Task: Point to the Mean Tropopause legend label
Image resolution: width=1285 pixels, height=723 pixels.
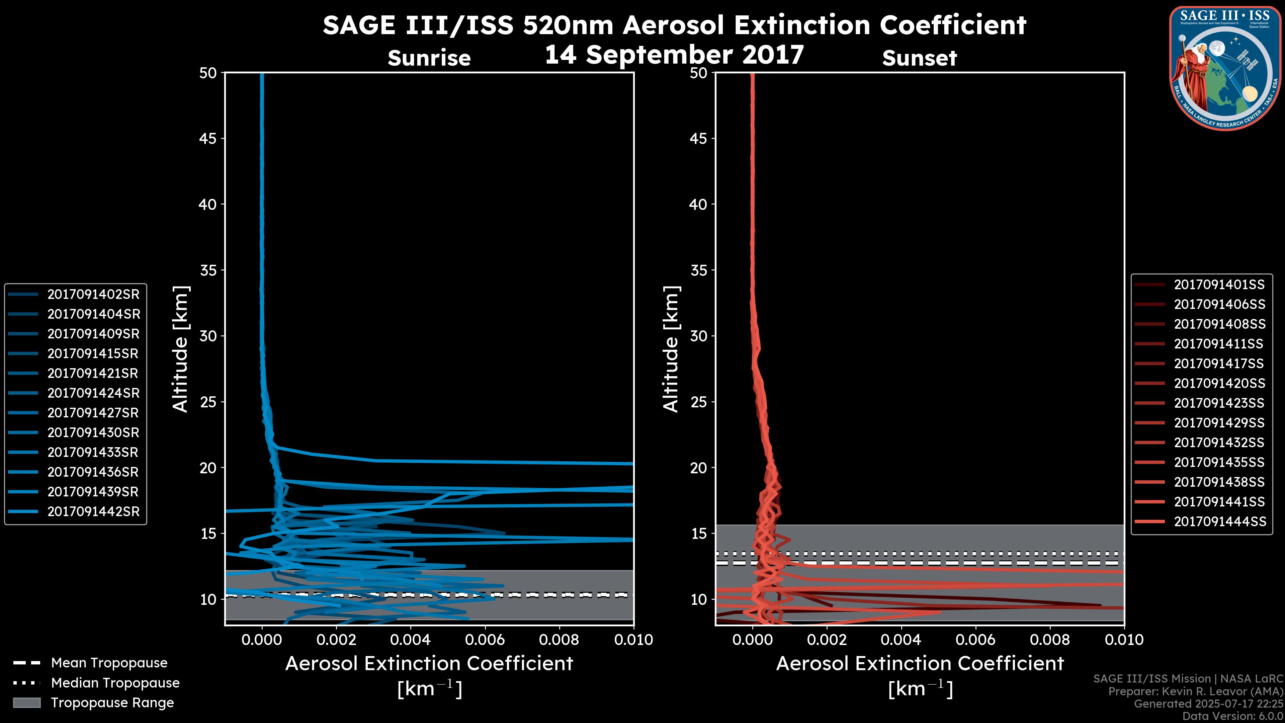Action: (109, 663)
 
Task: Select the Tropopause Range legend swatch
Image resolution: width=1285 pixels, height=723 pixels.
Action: (26, 703)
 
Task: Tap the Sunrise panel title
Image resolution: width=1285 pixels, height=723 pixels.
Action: (429, 58)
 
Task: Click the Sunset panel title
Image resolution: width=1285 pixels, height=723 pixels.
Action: (919, 58)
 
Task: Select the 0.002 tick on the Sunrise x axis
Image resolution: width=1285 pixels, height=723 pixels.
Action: (336, 640)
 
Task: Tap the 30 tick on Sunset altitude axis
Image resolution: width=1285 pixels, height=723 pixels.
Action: (698, 336)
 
